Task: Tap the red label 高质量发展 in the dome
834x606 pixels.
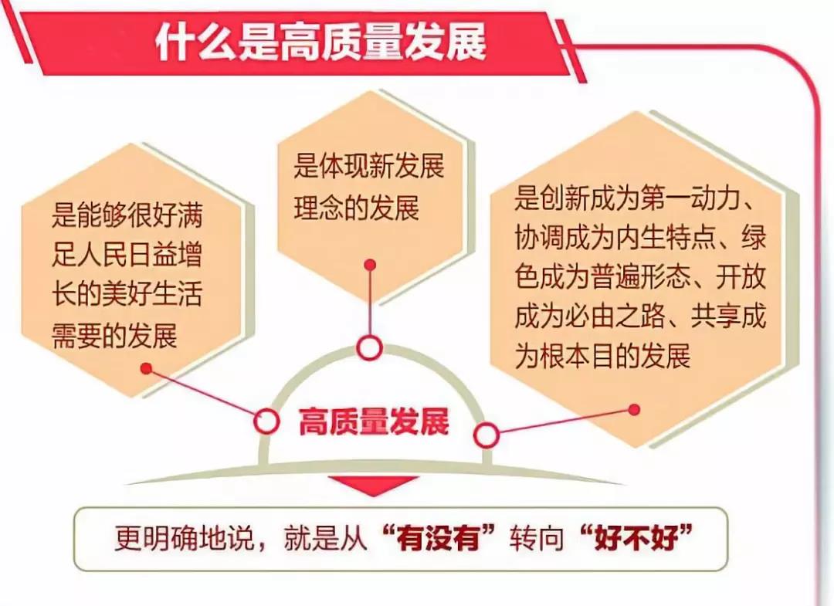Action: coord(374,422)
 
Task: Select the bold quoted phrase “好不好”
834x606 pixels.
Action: coord(636,537)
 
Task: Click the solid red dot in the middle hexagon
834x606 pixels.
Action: coord(371,265)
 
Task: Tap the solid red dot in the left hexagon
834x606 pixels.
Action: coord(146,368)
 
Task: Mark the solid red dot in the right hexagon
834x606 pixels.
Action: coord(633,410)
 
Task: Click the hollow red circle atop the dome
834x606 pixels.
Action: coord(369,348)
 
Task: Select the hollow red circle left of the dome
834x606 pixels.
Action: coord(266,421)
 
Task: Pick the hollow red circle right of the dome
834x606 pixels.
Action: coord(486,436)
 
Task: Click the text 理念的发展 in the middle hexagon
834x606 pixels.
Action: coord(356,208)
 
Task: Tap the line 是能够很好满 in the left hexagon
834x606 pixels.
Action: coord(127,215)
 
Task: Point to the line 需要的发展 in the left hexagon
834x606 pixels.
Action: coord(114,336)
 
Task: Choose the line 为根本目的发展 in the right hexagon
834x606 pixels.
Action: coord(602,356)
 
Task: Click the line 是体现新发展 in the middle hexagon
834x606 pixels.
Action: coord(369,167)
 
